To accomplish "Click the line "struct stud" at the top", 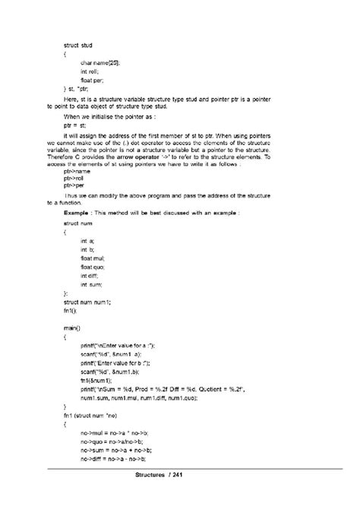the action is tap(77, 46).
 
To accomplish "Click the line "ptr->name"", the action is tap(78, 172).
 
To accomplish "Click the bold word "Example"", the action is tap(77, 213).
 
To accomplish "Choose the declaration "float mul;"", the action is tap(94, 258).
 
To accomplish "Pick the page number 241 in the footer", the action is tap(198, 476).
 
